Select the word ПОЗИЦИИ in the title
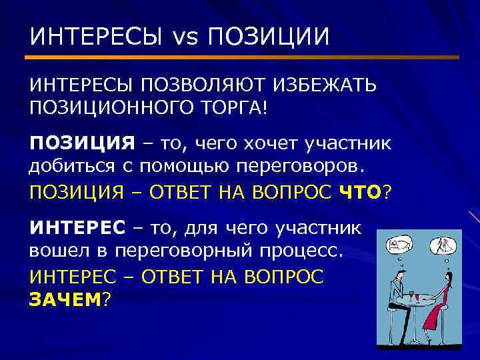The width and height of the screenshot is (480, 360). point(268,36)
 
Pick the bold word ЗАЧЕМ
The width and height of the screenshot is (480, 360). point(64,299)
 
